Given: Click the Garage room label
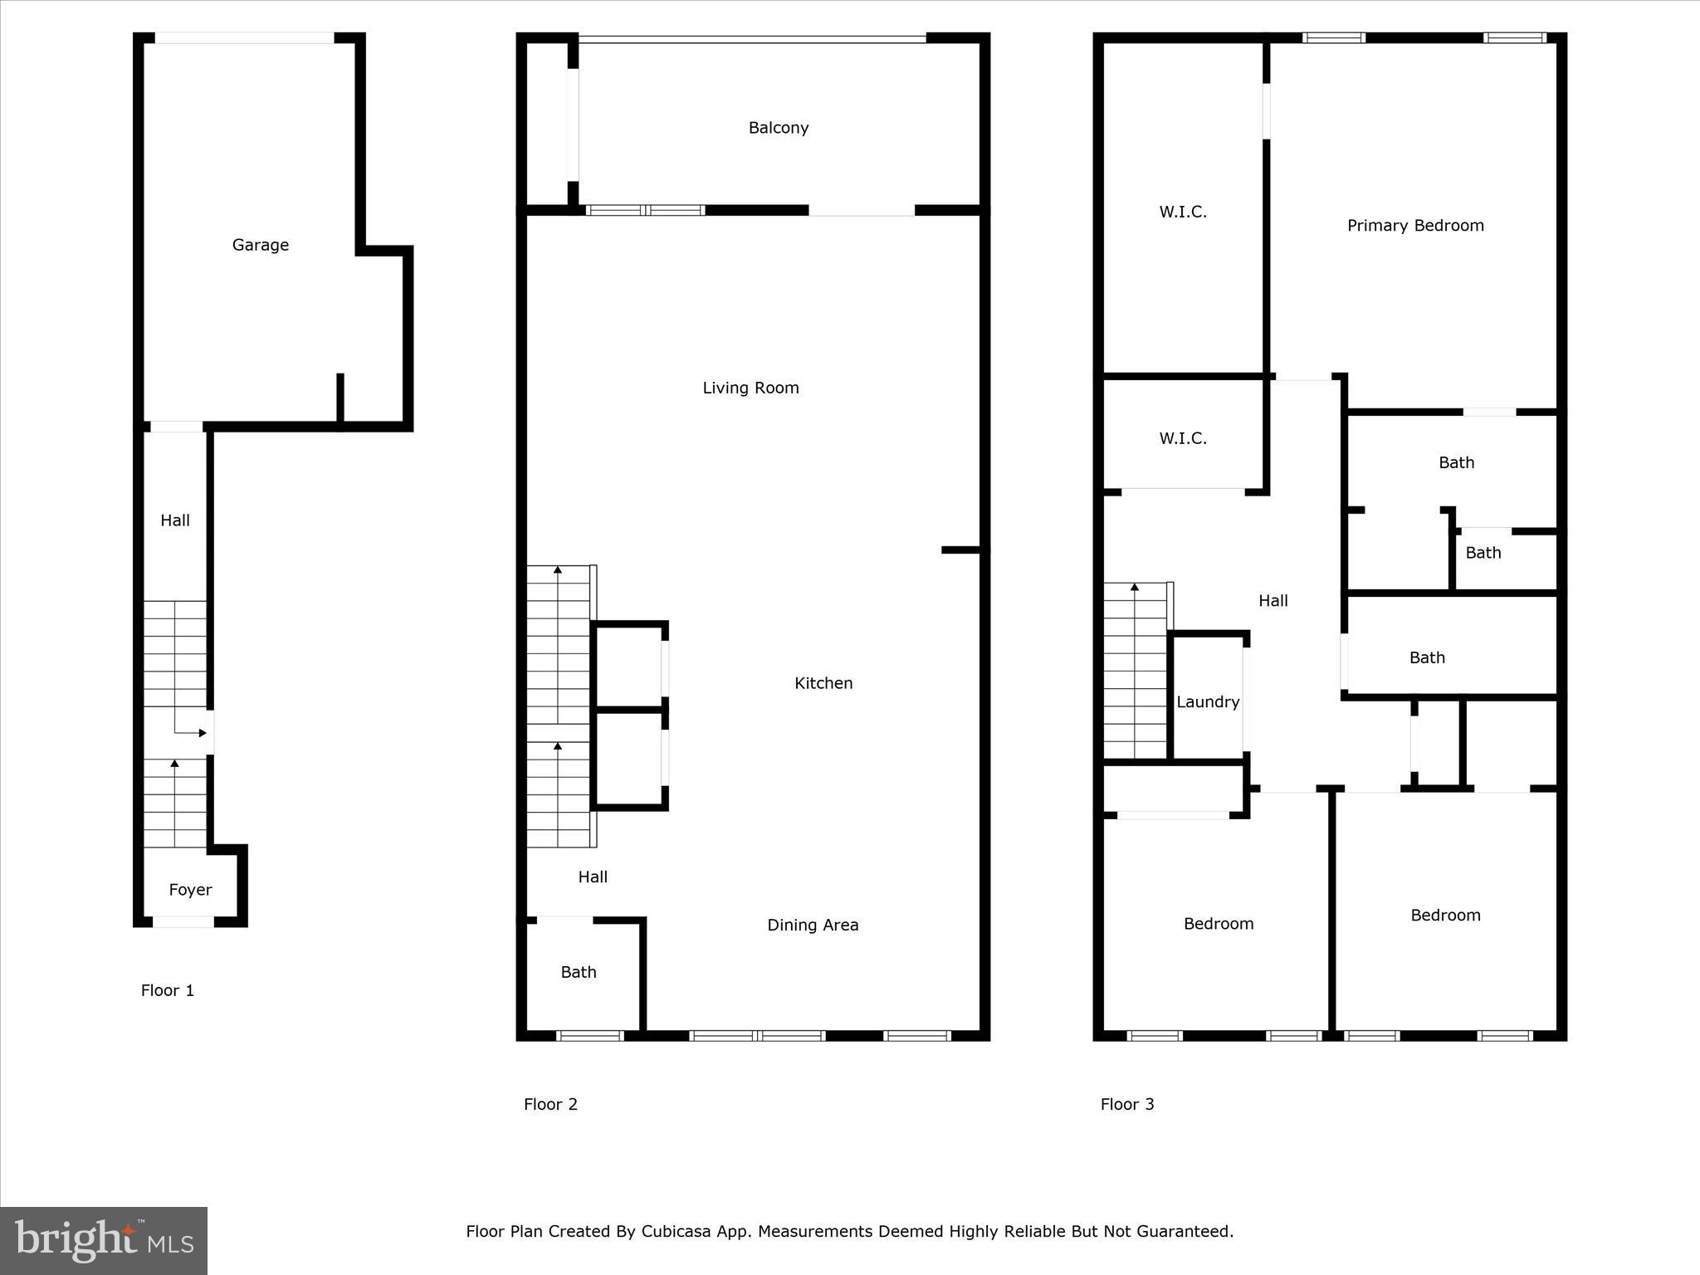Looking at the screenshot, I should click(x=260, y=245).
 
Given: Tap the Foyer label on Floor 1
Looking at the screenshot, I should click(x=190, y=890).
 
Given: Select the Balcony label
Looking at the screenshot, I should click(x=778, y=128).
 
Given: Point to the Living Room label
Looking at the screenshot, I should click(x=750, y=388).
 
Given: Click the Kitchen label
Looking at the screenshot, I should click(x=823, y=683).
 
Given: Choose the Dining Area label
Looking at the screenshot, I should click(x=812, y=925).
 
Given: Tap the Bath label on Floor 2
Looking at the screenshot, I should click(x=578, y=972).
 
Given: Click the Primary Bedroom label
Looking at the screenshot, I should click(x=1414, y=226).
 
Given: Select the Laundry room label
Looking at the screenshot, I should click(x=1207, y=702).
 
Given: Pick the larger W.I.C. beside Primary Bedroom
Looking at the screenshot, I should click(x=1182, y=212).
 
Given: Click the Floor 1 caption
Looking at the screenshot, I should click(x=167, y=990).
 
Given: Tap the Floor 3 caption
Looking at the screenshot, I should click(x=1126, y=1104).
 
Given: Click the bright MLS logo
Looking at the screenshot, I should click(x=104, y=1241).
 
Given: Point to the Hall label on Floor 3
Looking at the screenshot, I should click(x=1273, y=601).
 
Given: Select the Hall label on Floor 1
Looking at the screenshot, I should click(x=174, y=520).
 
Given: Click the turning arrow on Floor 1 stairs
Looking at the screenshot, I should click(x=190, y=732).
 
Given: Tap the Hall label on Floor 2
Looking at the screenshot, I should click(x=592, y=877).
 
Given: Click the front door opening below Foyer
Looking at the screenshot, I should click(x=183, y=921).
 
